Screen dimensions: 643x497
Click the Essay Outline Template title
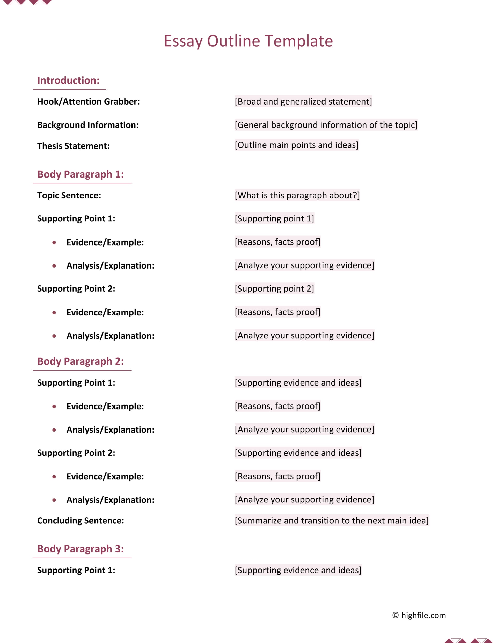[248, 41]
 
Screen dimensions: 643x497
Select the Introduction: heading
[68, 80]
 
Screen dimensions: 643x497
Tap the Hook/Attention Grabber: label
[88, 102]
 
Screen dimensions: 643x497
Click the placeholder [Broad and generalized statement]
[303, 102]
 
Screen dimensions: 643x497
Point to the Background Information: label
[88, 125]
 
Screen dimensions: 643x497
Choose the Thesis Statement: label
[73, 146]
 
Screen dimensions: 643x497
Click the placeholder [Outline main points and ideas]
[296, 145]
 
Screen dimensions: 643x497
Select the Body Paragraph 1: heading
[81, 174]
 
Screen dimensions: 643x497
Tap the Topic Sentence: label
[69, 196]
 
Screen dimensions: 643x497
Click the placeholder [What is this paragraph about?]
[297, 196]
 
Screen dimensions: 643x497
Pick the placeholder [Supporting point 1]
[274, 219]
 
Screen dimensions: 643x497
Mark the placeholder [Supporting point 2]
[274, 289]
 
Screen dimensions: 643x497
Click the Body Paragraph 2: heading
[81, 361]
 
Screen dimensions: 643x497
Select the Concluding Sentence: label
[81, 521]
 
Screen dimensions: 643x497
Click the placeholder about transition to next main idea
[331, 521]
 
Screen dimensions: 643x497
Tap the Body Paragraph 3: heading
[81, 549]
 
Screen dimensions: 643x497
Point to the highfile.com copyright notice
[419, 616]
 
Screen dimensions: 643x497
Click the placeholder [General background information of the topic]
[326, 125]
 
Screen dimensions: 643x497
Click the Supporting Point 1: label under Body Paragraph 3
[76, 571]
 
